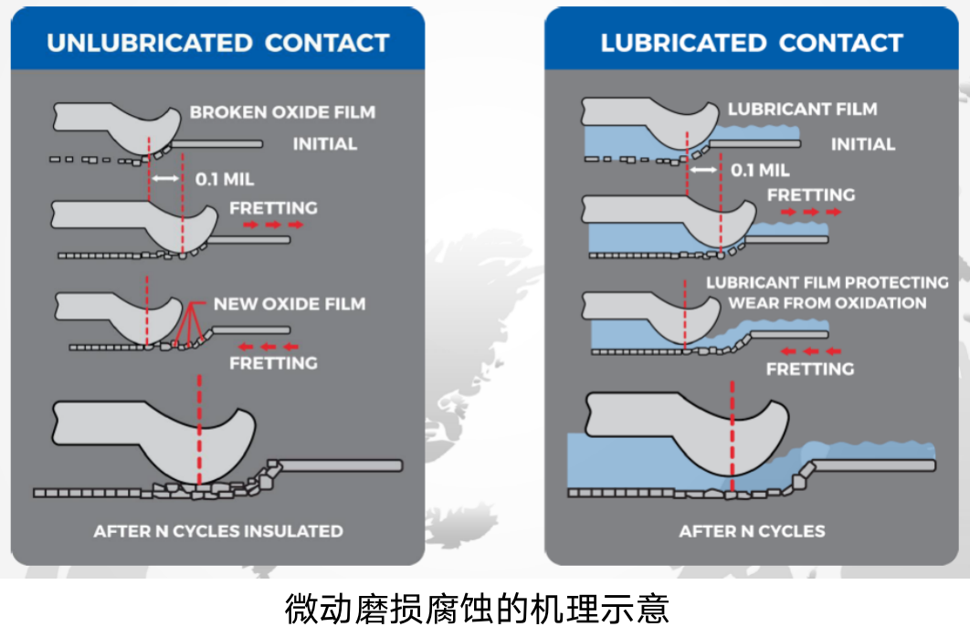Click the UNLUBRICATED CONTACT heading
(217, 43)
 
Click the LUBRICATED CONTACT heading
(751, 43)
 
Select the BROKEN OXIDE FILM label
(282, 112)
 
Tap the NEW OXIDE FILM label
(290, 303)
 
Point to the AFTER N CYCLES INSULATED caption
(218, 531)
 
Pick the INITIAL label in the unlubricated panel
(324, 143)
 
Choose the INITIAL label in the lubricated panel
(862, 144)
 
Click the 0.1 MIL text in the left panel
(225, 179)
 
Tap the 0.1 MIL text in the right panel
(761, 171)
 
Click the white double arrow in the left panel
(165, 179)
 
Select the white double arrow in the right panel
(703, 170)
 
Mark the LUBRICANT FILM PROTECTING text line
(827, 283)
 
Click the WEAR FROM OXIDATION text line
(827, 303)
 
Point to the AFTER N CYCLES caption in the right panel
(752, 531)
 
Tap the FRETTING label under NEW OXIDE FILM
(273, 363)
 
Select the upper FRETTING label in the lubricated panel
(810, 194)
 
